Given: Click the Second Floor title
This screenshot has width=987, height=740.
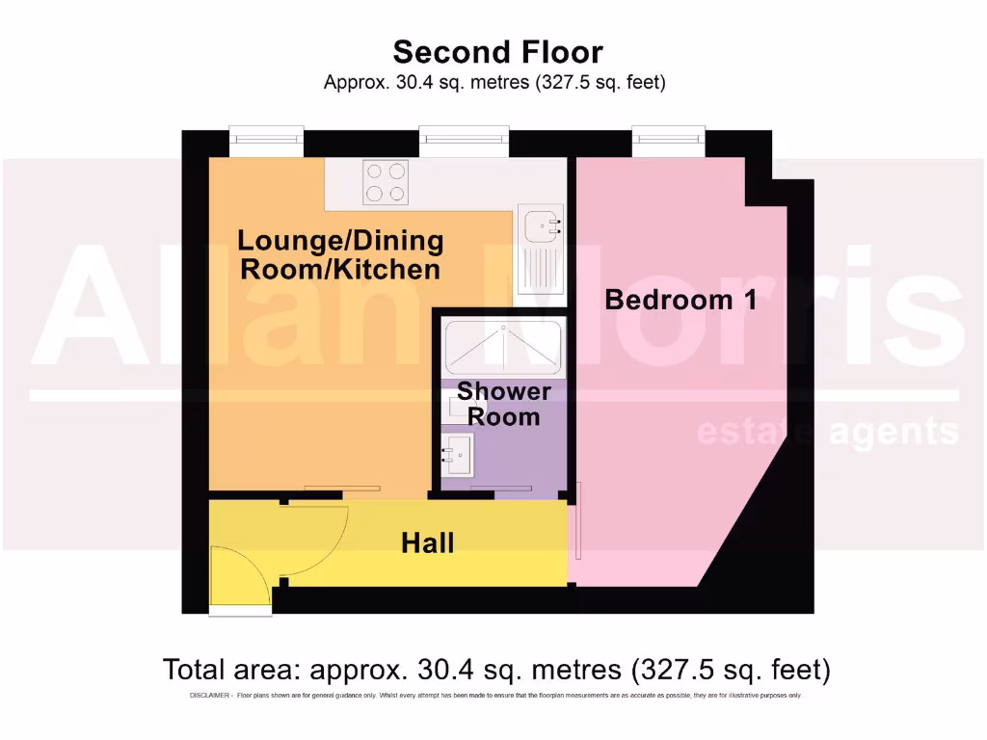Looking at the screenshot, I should pyautogui.click(x=497, y=51).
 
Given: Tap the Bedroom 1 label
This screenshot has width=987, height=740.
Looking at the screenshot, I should pyautogui.click(x=680, y=300).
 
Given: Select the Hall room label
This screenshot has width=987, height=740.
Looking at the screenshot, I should pyautogui.click(x=427, y=543).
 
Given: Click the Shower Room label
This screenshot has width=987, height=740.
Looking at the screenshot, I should pyautogui.click(x=503, y=405).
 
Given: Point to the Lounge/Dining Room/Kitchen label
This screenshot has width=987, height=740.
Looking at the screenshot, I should pyautogui.click(x=340, y=254).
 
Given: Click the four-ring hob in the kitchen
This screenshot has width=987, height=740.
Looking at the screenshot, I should pyautogui.click(x=386, y=182).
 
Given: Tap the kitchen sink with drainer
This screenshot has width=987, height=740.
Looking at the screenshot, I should pyautogui.click(x=540, y=249).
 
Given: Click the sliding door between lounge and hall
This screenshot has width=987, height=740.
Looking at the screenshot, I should pyautogui.click(x=342, y=489).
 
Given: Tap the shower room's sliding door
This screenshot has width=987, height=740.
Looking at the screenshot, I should pyautogui.click(x=501, y=489).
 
